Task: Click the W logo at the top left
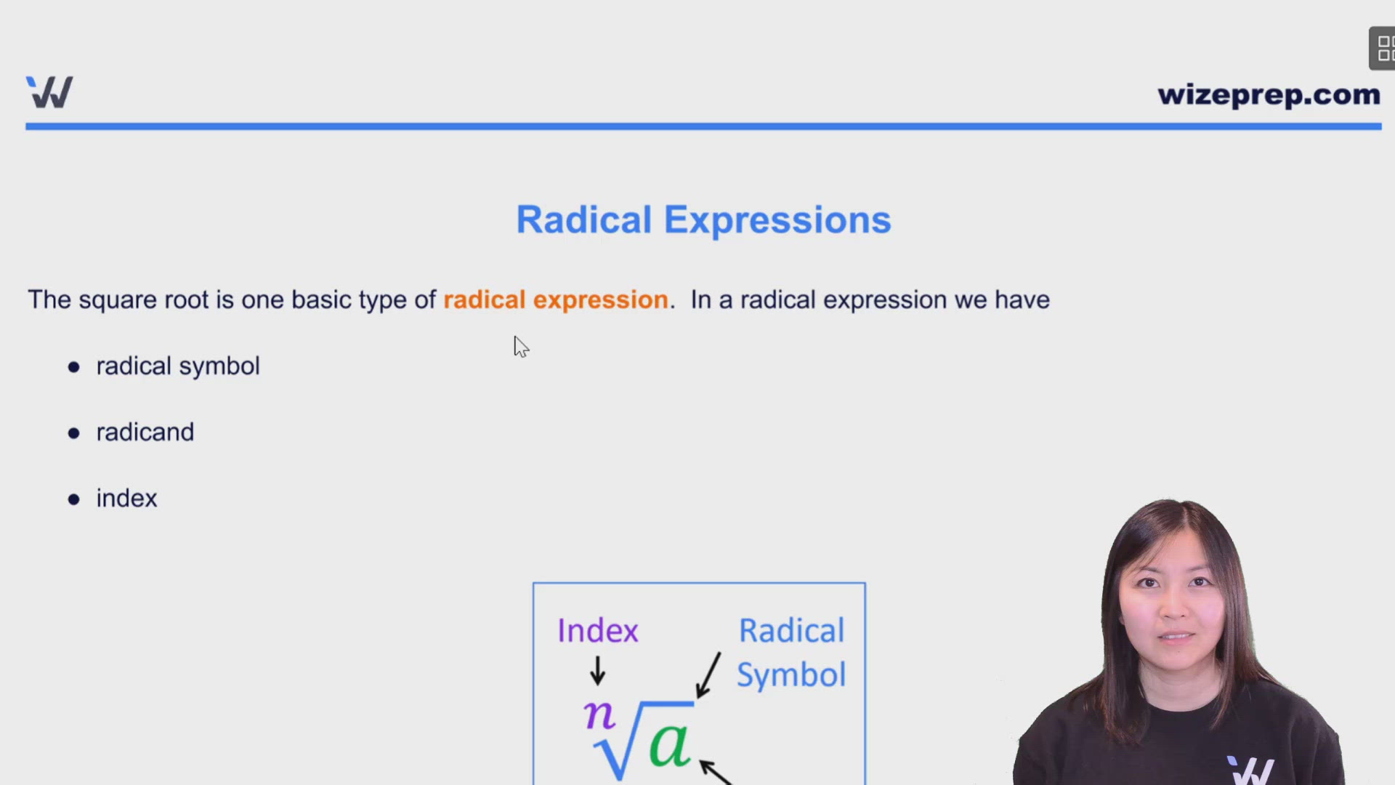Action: pyautogui.click(x=49, y=92)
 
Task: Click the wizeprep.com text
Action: pyautogui.click(x=1269, y=95)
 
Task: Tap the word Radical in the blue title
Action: pyautogui.click(x=584, y=220)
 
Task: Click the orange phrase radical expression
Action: pyautogui.click(x=556, y=299)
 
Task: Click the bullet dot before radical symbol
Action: pyautogui.click(x=73, y=367)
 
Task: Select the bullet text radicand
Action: pyautogui.click(x=145, y=432)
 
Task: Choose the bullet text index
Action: pyautogui.click(x=126, y=498)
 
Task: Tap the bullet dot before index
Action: pyautogui.click(x=73, y=499)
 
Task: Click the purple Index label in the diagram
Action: pyautogui.click(x=597, y=630)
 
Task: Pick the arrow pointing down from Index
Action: pyautogui.click(x=597, y=670)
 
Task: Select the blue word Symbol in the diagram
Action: pyautogui.click(x=791, y=675)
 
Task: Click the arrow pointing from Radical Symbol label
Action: pyautogui.click(x=708, y=675)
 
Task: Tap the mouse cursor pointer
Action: pyautogui.click(x=521, y=347)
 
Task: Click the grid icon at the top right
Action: pyautogui.click(x=1383, y=49)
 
